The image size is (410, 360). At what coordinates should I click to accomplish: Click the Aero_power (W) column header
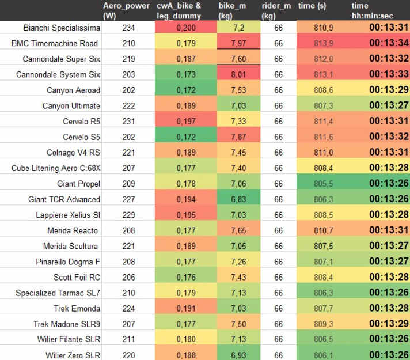[126, 10]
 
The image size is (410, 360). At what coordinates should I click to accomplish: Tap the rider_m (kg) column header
[276, 10]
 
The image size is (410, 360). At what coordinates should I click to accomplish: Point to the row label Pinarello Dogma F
[68, 262]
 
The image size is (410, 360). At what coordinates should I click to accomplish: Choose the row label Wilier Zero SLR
[69, 355]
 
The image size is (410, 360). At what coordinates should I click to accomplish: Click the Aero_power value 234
[130, 28]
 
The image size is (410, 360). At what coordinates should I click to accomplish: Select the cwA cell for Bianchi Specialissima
[185, 28]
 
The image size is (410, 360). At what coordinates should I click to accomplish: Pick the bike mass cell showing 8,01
[238, 74]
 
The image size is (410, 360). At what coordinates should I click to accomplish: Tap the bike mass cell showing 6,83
[238, 199]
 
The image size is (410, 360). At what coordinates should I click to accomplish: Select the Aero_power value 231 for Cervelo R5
[130, 121]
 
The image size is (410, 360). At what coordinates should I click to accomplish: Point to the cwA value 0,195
[185, 214]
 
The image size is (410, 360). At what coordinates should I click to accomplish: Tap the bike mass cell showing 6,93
[238, 355]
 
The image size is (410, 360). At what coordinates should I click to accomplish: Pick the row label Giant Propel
[78, 184]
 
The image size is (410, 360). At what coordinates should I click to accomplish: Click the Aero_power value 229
[130, 214]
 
